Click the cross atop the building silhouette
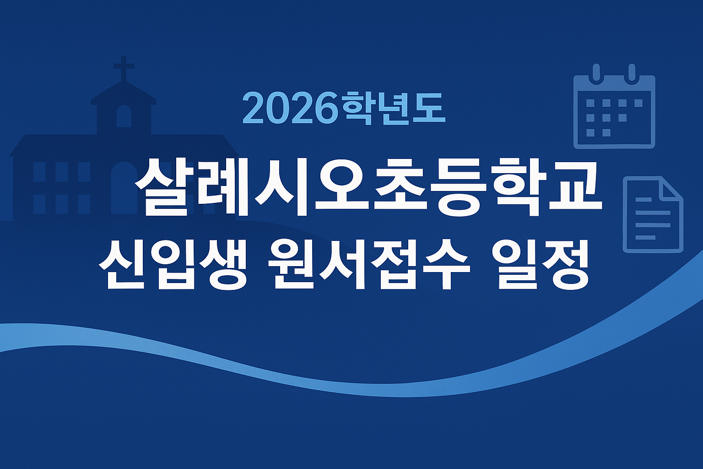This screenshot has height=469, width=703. point(124,67)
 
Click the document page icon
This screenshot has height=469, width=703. point(652,214)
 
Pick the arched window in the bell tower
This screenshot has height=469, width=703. point(124,116)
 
